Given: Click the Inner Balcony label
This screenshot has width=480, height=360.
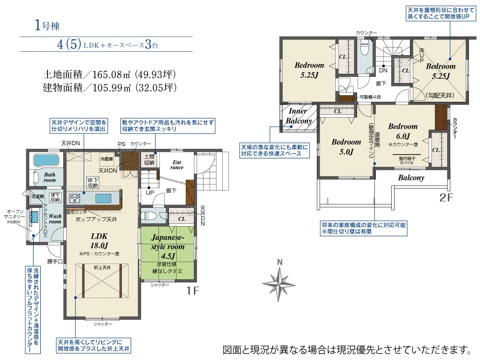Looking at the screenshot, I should point(299,116).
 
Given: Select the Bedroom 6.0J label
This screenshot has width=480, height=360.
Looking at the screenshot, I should point(403,130).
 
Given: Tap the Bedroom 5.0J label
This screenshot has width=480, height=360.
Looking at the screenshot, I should point(346,147).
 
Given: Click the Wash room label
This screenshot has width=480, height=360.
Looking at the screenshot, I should point(55,219).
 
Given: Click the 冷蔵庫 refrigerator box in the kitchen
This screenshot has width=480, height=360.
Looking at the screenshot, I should point(107,158).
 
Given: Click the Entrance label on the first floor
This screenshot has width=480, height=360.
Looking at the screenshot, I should point(177,165).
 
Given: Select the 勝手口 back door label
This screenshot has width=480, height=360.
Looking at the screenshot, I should point(55,262).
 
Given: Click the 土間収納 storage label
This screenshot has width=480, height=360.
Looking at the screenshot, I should point(149,160).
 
